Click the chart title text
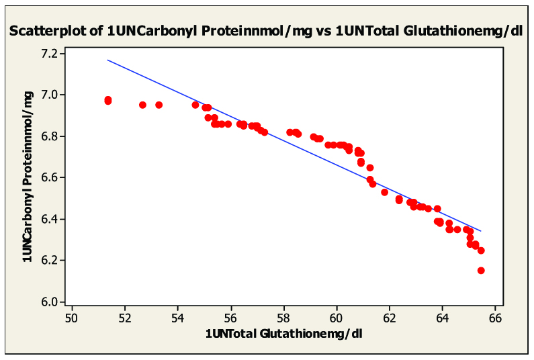click(x=267, y=31)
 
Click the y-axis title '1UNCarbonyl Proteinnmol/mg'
click(x=28, y=177)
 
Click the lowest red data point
click(x=481, y=271)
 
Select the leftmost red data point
click(x=108, y=100)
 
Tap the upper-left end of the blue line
click(x=108, y=60)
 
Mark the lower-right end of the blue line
click(x=481, y=231)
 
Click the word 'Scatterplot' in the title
click(x=52, y=31)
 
